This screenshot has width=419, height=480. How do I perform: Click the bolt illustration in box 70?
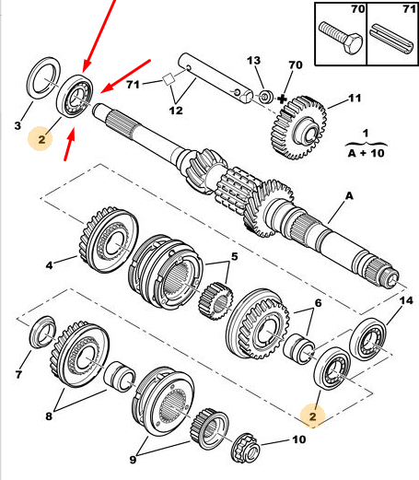tap(341, 38)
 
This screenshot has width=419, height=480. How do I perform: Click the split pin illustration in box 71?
tap(392, 39)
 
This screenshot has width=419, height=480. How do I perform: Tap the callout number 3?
tap(17, 125)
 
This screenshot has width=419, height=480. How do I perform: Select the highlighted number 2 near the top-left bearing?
tap(41, 139)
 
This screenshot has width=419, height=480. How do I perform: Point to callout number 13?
tap(253, 61)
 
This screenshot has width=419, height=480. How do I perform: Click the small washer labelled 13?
tap(265, 97)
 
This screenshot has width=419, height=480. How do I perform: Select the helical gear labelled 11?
tap(298, 127)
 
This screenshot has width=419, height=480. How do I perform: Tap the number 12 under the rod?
tap(176, 111)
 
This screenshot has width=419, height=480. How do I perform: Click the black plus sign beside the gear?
tap(282, 100)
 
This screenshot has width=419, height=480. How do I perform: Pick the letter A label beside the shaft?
tap(349, 196)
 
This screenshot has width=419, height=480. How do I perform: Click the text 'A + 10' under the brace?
tap(366, 153)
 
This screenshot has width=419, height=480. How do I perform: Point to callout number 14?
tap(406, 300)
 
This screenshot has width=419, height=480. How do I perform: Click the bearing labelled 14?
tap(368, 339)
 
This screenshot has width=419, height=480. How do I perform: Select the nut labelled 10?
tap(246, 448)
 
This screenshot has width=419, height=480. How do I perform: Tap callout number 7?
tap(18, 374)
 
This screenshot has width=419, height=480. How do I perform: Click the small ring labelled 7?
tap(42, 332)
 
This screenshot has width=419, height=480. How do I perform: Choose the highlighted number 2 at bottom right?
tap(312, 416)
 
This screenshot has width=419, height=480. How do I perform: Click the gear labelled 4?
tap(109, 240)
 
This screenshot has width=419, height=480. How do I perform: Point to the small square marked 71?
tap(169, 79)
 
